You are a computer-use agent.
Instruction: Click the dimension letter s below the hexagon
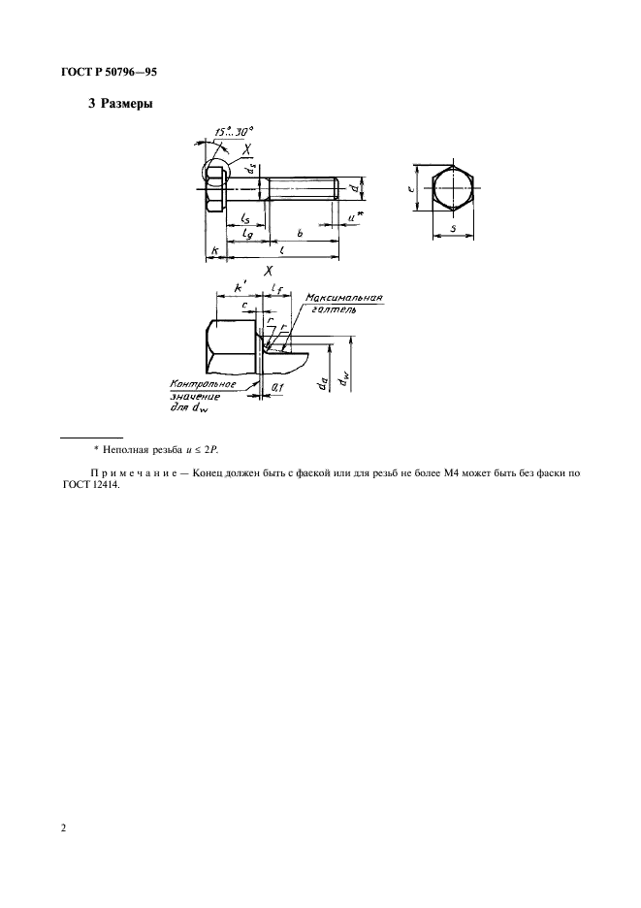(454, 230)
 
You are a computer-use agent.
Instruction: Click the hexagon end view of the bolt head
(454, 186)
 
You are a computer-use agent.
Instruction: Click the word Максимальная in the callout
(343, 298)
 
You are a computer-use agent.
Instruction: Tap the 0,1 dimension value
(277, 387)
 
